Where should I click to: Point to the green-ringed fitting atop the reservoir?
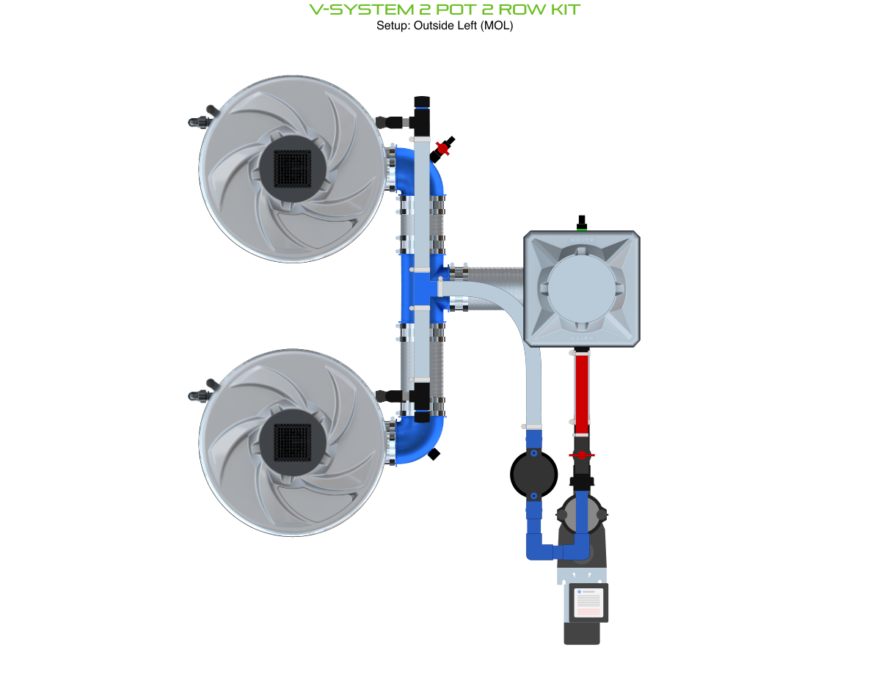click(583, 223)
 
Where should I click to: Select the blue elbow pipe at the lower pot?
click(423, 440)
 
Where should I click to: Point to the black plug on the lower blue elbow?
click(435, 454)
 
